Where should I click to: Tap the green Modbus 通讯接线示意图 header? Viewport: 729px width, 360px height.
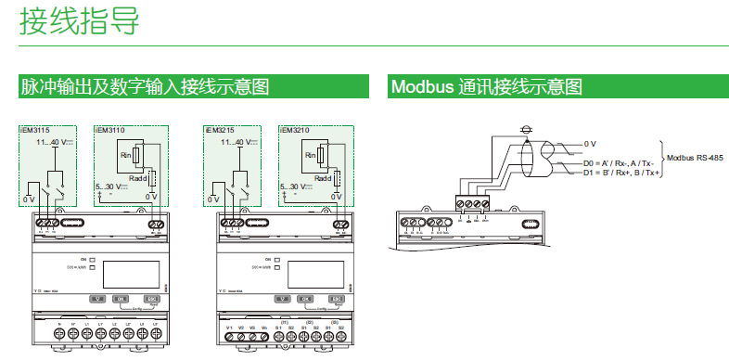[487, 87]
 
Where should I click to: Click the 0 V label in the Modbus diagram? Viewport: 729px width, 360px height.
[591, 144]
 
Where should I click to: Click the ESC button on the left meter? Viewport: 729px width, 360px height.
[152, 299]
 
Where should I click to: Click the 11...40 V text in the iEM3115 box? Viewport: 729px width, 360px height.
[55, 143]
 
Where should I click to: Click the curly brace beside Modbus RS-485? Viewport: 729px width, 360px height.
[660, 159]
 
